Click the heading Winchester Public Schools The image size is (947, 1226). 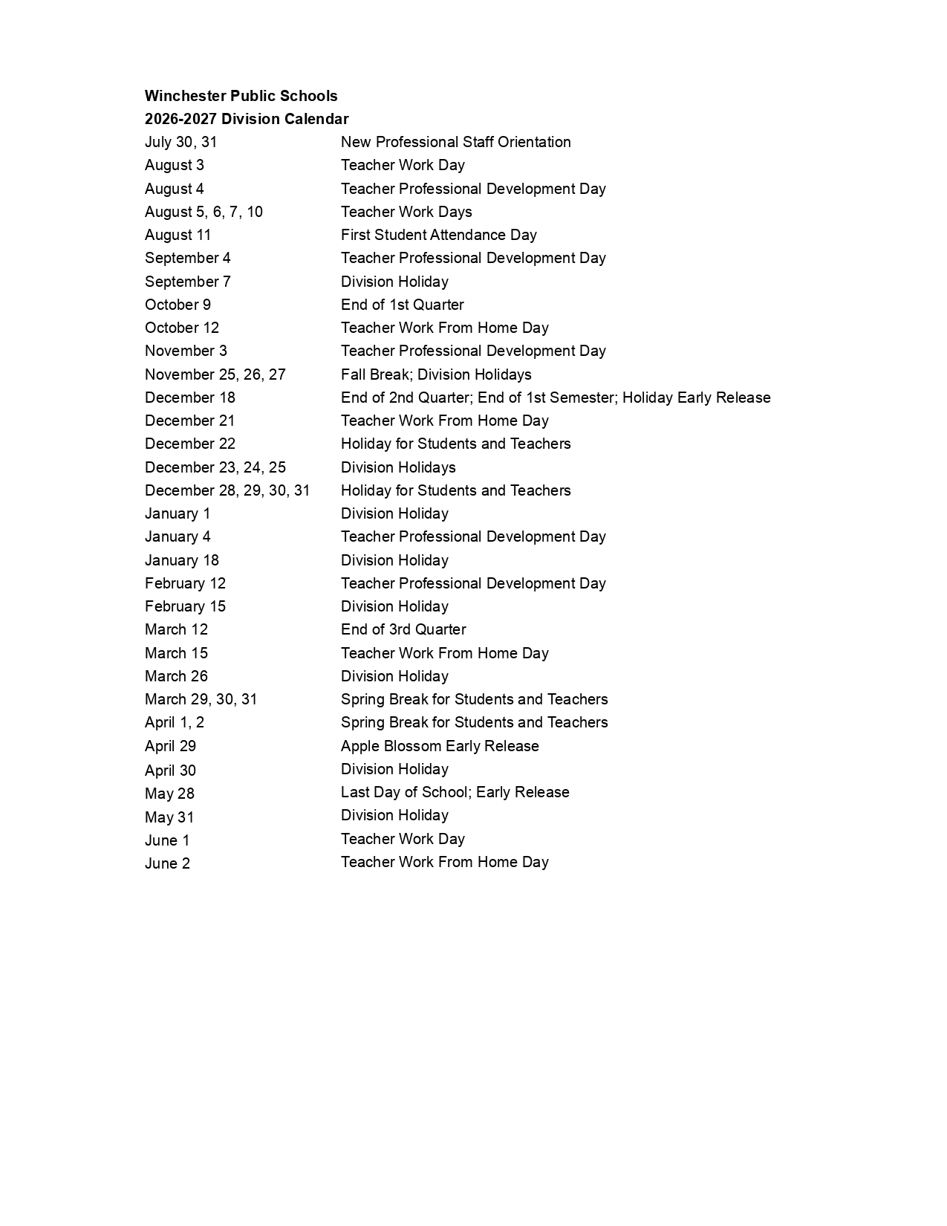click(x=241, y=96)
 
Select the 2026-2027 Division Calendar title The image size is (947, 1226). click(x=247, y=119)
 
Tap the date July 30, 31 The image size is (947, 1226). click(x=180, y=142)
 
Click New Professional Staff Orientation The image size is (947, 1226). click(x=455, y=142)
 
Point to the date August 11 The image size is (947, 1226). click(x=178, y=235)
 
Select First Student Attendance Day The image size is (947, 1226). click(x=438, y=235)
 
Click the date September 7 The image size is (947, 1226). click(x=187, y=282)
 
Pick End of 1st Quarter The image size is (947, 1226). click(x=402, y=305)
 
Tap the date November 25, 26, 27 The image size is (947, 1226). click(x=215, y=374)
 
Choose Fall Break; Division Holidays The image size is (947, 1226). click(x=436, y=374)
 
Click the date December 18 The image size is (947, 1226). click(x=189, y=398)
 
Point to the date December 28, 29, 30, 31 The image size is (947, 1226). click(x=227, y=490)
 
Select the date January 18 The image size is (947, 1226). click(x=181, y=560)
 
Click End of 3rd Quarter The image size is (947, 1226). click(x=403, y=629)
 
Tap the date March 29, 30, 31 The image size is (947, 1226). click(x=201, y=699)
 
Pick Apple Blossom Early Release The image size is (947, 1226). click(x=440, y=746)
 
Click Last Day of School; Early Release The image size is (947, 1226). click(x=455, y=792)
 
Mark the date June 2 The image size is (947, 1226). click(x=167, y=863)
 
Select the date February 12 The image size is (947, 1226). click(x=185, y=583)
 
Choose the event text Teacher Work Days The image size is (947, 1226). click(x=406, y=212)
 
